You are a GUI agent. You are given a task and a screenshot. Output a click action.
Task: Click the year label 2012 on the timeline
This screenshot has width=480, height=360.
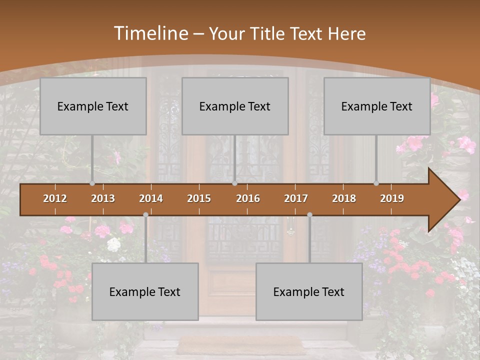(55, 198)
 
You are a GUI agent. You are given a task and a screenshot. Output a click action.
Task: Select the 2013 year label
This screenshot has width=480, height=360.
(103, 198)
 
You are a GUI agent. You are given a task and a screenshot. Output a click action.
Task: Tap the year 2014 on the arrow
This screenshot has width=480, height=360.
(151, 198)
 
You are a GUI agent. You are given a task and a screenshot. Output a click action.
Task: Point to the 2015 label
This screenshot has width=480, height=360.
(199, 198)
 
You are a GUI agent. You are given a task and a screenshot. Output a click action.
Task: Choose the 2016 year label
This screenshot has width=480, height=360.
(248, 198)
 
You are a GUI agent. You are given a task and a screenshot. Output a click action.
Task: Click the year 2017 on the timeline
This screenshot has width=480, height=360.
(296, 198)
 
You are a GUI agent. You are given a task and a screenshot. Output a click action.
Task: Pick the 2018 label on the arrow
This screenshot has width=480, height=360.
(344, 198)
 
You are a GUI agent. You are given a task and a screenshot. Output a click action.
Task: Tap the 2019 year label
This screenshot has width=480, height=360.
(392, 198)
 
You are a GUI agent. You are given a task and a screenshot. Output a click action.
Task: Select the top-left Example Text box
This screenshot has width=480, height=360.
(93, 106)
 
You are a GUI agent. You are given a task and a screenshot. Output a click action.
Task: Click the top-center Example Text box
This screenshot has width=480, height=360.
(235, 106)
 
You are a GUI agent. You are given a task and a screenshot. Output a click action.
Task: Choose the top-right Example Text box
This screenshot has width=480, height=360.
(377, 106)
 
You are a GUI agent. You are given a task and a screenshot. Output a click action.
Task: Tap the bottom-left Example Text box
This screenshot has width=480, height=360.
(145, 291)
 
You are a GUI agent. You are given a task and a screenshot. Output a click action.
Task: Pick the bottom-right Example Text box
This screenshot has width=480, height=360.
(309, 291)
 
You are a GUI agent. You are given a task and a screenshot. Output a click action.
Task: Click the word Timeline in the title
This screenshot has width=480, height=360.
(150, 33)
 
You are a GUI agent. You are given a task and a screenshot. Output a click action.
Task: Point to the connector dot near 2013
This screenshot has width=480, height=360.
(92, 183)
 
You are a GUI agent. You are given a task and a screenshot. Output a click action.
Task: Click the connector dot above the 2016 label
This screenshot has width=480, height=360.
(234, 183)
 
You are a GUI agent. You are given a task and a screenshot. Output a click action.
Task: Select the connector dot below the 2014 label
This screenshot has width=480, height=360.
(145, 214)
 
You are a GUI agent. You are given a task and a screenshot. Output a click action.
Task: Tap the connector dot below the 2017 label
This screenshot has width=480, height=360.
(309, 214)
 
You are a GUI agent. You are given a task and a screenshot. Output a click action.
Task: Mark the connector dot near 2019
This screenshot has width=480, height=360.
(376, 183)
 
